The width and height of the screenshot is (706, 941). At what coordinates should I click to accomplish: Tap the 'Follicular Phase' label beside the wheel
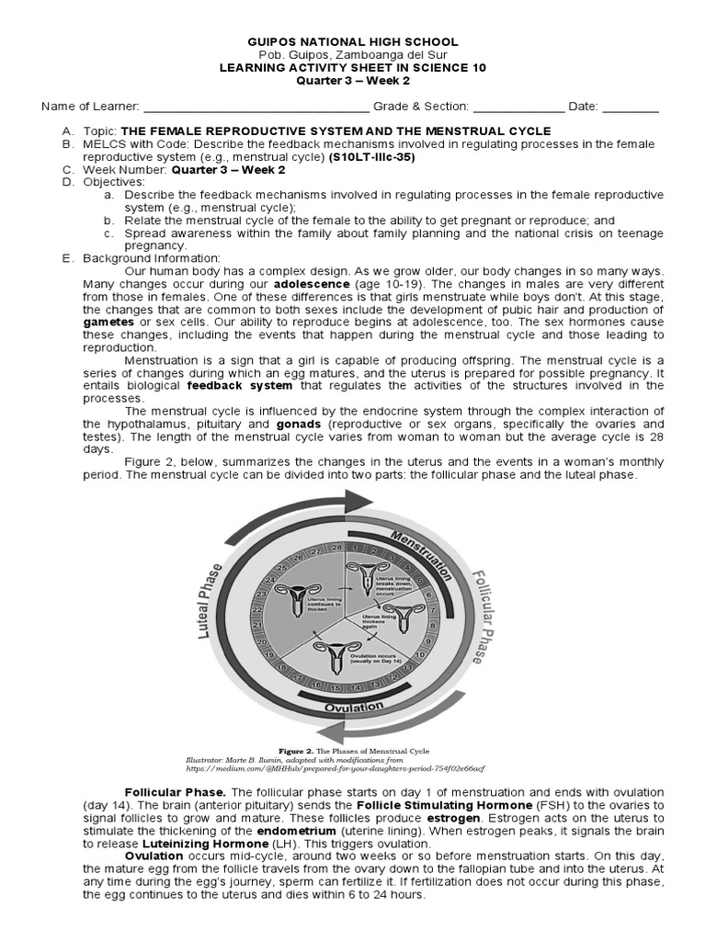click(486, 617)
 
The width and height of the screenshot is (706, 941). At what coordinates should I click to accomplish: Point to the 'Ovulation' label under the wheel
click(353, 707)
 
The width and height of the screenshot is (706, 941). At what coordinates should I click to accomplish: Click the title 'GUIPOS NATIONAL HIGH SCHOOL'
click(353, 42)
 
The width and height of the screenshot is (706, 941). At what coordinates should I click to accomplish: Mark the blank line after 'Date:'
click(631, 107)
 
